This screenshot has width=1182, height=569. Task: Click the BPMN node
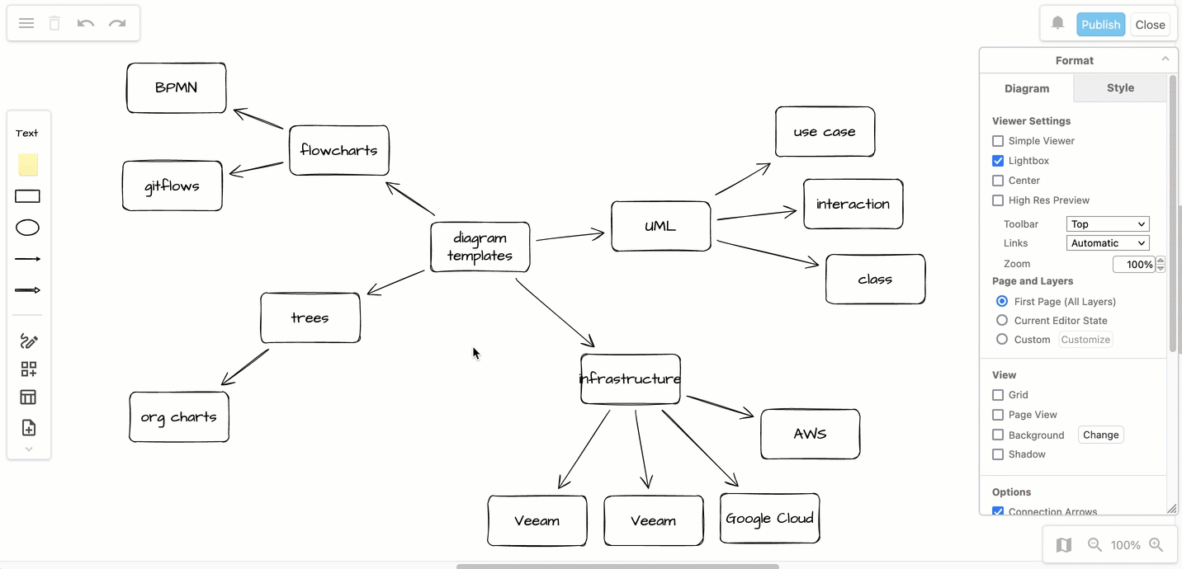(176, 87)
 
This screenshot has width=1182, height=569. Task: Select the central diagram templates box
(480, 247)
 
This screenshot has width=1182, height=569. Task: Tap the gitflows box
(172, 186)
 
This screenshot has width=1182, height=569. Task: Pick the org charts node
(178, 416)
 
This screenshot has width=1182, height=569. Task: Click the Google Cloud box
(769, 518)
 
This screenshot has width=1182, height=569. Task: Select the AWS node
(810, 434)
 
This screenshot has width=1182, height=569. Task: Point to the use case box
(825, 131)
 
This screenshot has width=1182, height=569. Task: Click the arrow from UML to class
(768, 253)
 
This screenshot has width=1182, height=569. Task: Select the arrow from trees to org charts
(245, 367)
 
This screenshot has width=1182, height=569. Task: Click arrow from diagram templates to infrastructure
(555, 313)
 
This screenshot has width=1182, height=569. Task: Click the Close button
(1150, 25)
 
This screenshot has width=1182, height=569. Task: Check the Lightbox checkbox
(998, 161)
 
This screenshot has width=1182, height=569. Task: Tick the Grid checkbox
(998, 395)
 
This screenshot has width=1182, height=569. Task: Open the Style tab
(1120, 87)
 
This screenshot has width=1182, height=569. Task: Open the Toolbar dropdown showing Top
(1108, 224)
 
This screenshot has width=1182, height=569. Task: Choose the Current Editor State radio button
(1002, 321)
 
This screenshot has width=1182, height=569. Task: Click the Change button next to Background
(1100, 435)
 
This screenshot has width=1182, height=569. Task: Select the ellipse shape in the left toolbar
(28, 228)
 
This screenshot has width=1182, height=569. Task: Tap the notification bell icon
(1057, 24)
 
